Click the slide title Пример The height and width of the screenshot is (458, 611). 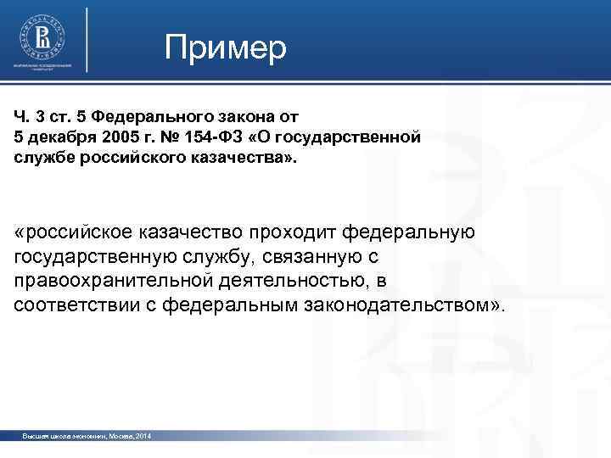[227, 48]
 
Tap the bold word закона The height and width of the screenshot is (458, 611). [247, 116]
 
